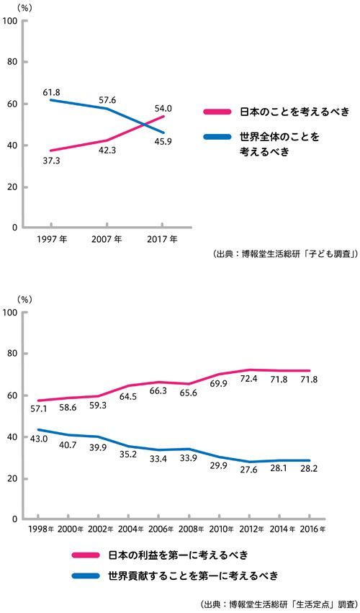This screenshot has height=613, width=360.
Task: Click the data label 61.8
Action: coord(51,92)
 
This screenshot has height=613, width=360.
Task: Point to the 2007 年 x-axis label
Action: coord(107,239)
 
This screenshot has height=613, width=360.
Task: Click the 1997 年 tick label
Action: coord(51,239)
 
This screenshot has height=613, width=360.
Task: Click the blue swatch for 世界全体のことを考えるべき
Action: coord(217,137)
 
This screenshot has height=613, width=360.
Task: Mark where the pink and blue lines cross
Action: coord(145,125)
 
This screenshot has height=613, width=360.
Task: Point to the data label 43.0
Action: coord(40,439)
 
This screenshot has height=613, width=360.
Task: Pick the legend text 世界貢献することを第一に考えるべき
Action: coord(194,576)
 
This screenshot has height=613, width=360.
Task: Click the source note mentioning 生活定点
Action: coord(279,603)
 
